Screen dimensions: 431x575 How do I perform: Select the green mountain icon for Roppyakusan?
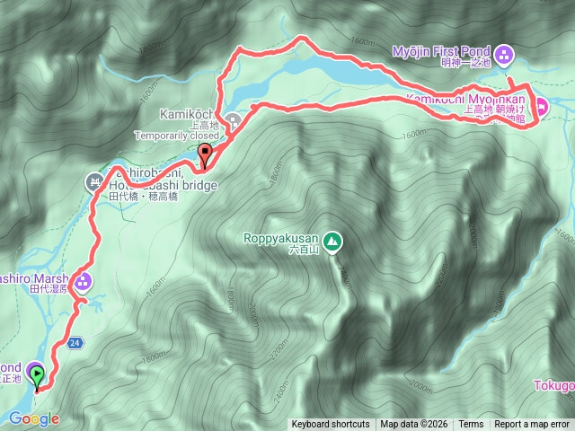332,240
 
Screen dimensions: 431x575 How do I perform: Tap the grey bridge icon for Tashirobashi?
94,182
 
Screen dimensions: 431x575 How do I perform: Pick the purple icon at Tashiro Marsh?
83,283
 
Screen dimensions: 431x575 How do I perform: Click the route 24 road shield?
75,342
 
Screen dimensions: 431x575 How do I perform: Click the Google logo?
34,418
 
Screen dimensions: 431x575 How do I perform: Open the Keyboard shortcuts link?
330,425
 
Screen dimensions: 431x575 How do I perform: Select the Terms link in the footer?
471,425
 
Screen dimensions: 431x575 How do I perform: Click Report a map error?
532,425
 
